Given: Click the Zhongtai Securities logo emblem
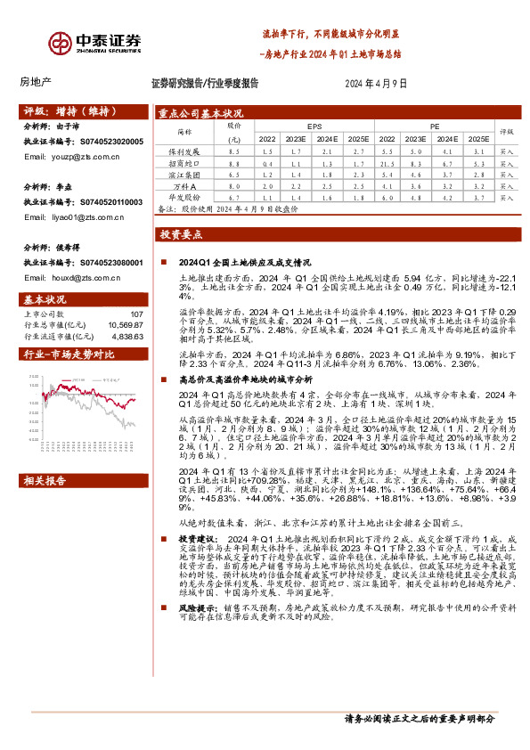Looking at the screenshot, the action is (61, 42).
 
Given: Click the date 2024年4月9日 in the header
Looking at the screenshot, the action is (375, 83).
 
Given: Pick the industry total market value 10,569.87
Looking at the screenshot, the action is (126, 325).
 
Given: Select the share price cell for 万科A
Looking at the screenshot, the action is (234, 185).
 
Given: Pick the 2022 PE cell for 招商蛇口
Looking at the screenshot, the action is (387, 164).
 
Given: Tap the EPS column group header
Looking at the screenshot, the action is (314, 127).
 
